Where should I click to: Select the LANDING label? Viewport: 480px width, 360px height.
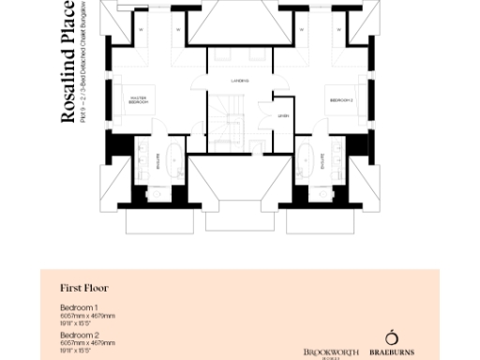click(240, 82)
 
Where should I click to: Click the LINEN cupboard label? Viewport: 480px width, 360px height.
click(282, 115)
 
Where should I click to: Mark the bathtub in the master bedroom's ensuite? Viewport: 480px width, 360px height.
click(176, 159)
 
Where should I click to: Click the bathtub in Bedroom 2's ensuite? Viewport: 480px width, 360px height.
click(305, 159)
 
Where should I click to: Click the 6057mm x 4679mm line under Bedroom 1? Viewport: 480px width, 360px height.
click(88, 316)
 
